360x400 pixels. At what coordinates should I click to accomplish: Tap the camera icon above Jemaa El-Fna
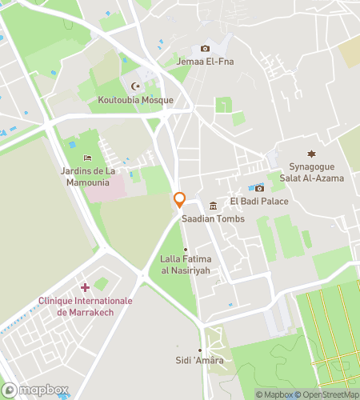pyautogui.click(x=206, y=49)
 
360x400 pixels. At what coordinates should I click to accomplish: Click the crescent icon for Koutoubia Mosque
pyautogui.click(x=134, y=86)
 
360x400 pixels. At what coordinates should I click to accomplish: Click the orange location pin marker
pyautogui.click(x=180, y=200)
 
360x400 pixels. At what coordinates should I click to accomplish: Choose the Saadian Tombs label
pyautogui.click(x=213, y=218)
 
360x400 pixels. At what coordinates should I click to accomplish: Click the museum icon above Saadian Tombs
pyautogui.click(x=213, y=206)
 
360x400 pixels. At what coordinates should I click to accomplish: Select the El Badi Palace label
pyautogui.click(x=259, y=201)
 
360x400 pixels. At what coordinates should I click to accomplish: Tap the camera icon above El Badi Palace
pyautogui.click(x=259, y=188)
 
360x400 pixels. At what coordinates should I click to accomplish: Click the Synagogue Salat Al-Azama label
pyautogui.click(x=312, y=172)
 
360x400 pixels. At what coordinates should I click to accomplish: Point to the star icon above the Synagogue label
pyautogui.click(x=312, y=154)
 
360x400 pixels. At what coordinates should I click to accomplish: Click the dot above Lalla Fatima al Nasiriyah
pyautogui.click(x=186, y=249)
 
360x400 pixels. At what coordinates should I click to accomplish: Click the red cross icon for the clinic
pyautogui.click(x=85, y=287)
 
